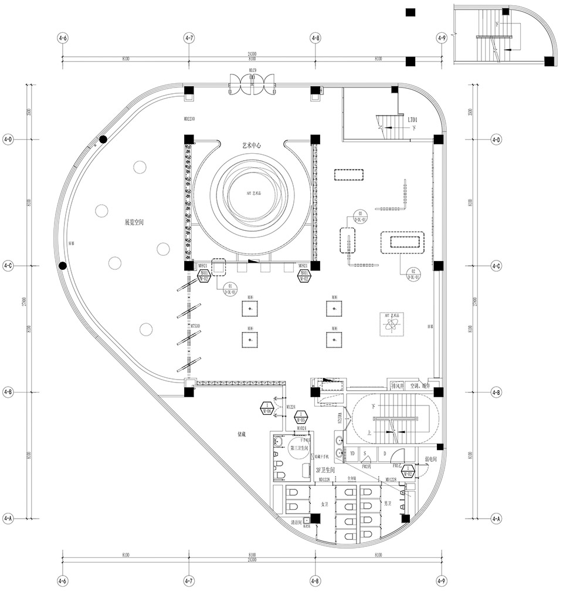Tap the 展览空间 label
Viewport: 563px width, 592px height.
[x=134, y=222]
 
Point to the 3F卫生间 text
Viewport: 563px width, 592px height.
[x=325, y=471]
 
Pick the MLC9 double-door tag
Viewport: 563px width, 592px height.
[x=253, y=70]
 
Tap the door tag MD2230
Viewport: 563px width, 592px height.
[x=189, y=119]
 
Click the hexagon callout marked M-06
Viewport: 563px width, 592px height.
[x=267, y=408]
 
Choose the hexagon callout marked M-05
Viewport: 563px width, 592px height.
[x=301, y=418]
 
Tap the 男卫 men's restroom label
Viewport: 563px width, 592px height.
[x=388, y=504]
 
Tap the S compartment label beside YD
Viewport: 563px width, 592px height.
[x=365, y=454]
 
